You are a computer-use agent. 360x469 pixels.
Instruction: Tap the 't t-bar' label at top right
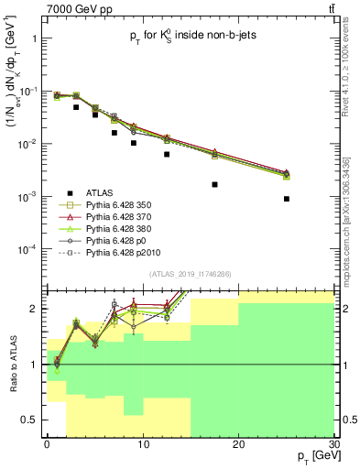(x=329, y=8)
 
